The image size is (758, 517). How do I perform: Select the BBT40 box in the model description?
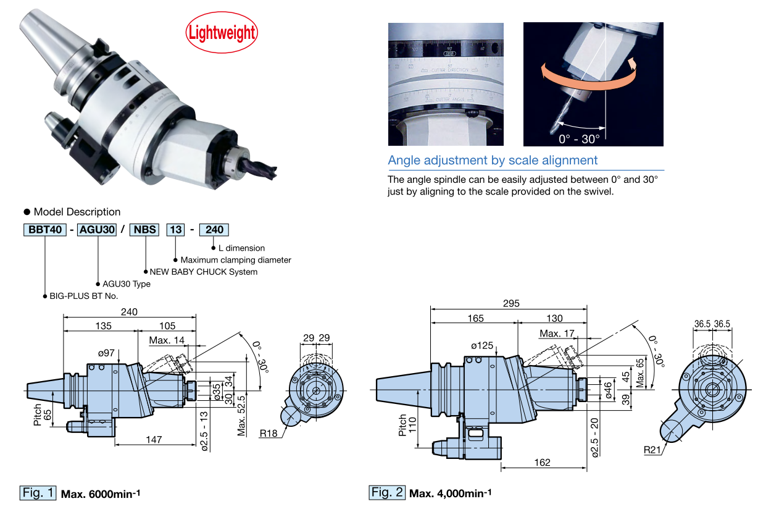tap(45, 230)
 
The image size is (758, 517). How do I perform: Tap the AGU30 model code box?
tap(98, 230)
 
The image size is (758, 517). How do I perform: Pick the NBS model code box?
tap(145, 230)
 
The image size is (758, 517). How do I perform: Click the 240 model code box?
tap(214, 230)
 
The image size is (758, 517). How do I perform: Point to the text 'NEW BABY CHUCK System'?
tap(204, 272)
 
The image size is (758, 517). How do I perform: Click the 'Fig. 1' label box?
tap(38, 493)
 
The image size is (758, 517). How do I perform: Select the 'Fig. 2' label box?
tap(388, 492)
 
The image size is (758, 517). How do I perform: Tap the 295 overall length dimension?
tap(511, 303)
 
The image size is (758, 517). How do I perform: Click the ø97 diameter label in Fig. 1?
tap(107, 353)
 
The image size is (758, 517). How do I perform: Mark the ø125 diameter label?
tap(482, 346)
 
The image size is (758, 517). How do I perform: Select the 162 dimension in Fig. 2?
tap(541, 462)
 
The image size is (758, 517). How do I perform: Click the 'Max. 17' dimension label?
tap(557, 334)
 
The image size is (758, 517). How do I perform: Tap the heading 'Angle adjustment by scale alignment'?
tap(493, 161)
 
